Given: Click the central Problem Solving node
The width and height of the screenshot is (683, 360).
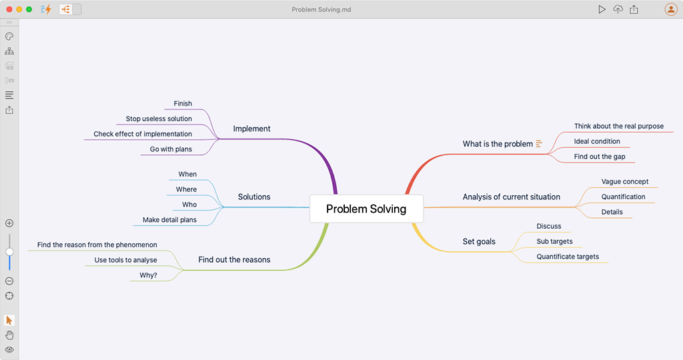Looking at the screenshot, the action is (x=366, y=209).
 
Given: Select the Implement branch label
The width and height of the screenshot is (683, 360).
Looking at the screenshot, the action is (x=251, y=129).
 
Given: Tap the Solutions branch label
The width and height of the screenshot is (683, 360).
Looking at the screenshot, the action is (x=254, y=197).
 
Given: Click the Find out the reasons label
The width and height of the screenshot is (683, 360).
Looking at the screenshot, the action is (x=234, y=260).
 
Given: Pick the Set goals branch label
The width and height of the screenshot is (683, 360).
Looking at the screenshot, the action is (x=479, y=241).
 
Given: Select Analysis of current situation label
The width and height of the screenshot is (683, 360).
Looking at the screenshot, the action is (x=512, y=197).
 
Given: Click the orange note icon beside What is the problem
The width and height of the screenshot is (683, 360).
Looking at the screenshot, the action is (x=539, y=143).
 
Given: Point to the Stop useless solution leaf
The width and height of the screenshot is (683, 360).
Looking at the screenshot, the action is (x=159, y=119).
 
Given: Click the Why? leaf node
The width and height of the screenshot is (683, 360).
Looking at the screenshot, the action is (x=149, y=275).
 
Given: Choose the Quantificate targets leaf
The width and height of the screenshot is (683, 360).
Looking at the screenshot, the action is (x=568, y=257).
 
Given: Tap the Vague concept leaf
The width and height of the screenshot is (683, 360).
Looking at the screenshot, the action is (x=625, y=181).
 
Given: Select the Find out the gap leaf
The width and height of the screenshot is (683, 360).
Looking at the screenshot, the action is (x=600, y=157).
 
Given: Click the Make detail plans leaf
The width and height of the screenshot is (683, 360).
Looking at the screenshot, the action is (x=169, y=220).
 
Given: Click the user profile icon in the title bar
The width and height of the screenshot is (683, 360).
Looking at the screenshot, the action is (x=671, y=9).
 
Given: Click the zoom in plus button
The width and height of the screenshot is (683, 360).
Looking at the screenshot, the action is (x=9, y=223).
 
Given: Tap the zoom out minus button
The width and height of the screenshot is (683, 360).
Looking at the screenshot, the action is (x=9, y=281).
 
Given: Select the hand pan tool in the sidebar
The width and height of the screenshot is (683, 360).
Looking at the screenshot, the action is (x=9, y=335).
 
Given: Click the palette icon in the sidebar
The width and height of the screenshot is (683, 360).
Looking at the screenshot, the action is (x=9, y=36).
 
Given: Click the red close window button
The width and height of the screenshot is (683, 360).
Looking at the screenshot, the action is (x=9, y=9).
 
